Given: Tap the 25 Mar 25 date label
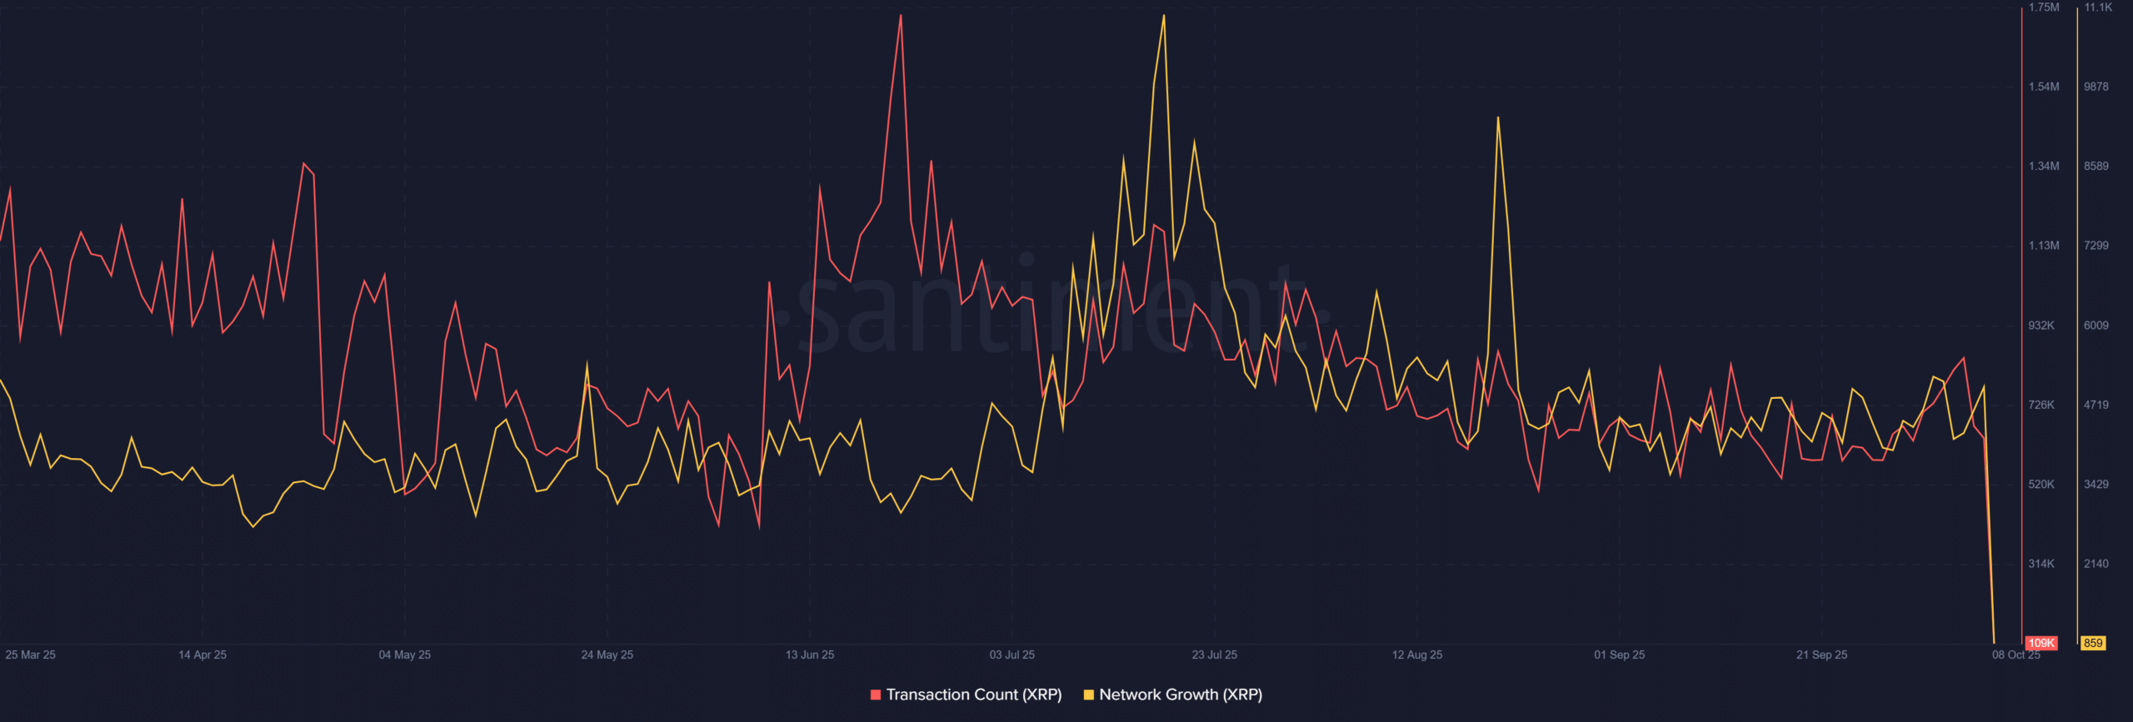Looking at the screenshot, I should (x=30, y=655).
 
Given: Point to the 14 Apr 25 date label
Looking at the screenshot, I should (x=202, y=655).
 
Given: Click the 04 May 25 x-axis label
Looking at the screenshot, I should (x=405, y=655).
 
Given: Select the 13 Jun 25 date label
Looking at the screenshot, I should (x=810, y=655).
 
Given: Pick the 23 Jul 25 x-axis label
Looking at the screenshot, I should (x=1214, y=655).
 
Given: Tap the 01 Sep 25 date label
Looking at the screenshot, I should (x=1620, y=655).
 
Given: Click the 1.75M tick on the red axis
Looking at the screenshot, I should (x=2044, y=7).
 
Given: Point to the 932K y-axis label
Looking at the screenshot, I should (x=2041, y=326).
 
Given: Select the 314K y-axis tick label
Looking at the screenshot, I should (x=2041, y=564).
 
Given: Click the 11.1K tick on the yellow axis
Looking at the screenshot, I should (x=2098, y=7).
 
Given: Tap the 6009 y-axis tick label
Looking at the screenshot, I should (x=2096, y=326).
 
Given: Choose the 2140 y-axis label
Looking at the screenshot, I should (x=2096, y=564).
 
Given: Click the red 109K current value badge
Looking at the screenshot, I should (x=2041, y=643).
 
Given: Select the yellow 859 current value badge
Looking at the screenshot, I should (x=2093, y=643).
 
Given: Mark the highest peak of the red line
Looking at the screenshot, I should (x=901, y=15).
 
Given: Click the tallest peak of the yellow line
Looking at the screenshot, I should (x=1164, y=15).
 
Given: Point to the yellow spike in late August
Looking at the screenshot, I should (x=1498, y=117).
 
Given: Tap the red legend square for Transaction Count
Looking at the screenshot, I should (x=876, y=695).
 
